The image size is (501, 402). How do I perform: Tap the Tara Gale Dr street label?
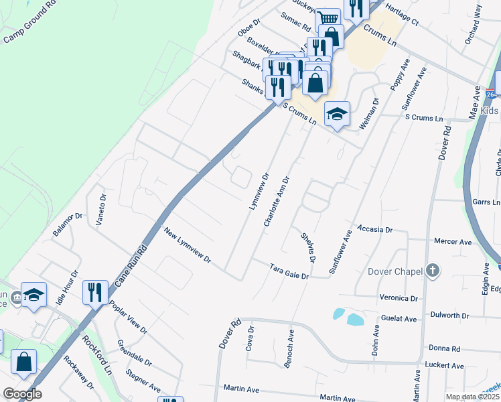(289, 271)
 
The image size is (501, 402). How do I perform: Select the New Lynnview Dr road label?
(188, 245)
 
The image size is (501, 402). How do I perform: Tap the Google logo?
(22, 394)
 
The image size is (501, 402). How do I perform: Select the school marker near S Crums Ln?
(338, 114)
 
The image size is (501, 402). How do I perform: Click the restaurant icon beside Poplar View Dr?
(94, 291)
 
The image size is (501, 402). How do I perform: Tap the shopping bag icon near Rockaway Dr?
(24, 361)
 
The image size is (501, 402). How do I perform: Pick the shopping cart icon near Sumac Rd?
(327, 18)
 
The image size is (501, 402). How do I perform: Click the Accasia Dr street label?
(374, 229)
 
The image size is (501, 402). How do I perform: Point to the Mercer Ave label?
(453, 242)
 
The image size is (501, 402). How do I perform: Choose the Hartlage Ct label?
(401, 20)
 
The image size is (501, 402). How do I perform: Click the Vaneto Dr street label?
(102, 210)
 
